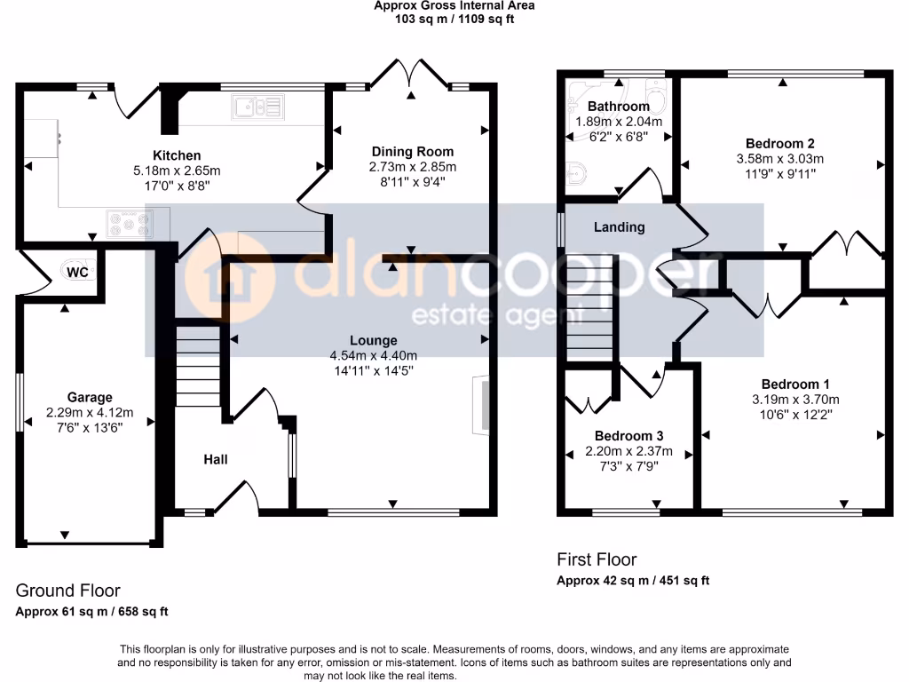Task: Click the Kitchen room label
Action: click(x=176, y=155)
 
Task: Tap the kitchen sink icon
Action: click(x=258, y=107)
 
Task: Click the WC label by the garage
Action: click(x=78, y=273)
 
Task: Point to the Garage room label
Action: click(x=90, y=397)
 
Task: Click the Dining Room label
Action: click(x=412, y=152)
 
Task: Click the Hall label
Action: click(x=216, y=459)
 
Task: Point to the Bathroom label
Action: click(x=619, y=107)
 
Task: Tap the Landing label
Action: click(x=619, y=227)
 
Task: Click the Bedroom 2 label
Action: click(x=780, y=144)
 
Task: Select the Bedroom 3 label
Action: click(x=628, y=436)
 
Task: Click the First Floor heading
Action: click(x=596, y=559)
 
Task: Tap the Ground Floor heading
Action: click(x=68, y=591)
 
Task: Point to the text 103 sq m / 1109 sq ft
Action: click(x=454, y=19)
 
